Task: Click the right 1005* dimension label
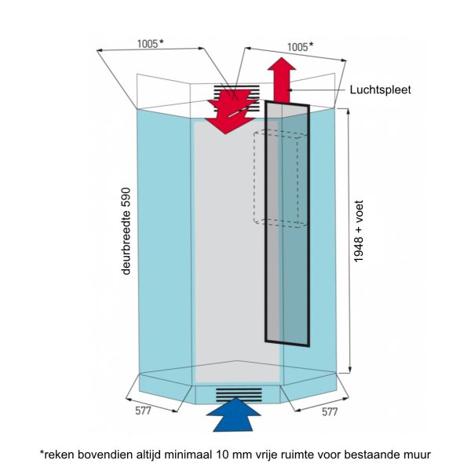[x=298, y=46]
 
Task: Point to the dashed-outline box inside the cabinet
[x=279, y=179]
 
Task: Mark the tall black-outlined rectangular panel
[x=287, y=224]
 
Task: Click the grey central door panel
[x=228, y=251]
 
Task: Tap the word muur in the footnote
[x=417, y=454]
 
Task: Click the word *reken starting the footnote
[x=57, y=454]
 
